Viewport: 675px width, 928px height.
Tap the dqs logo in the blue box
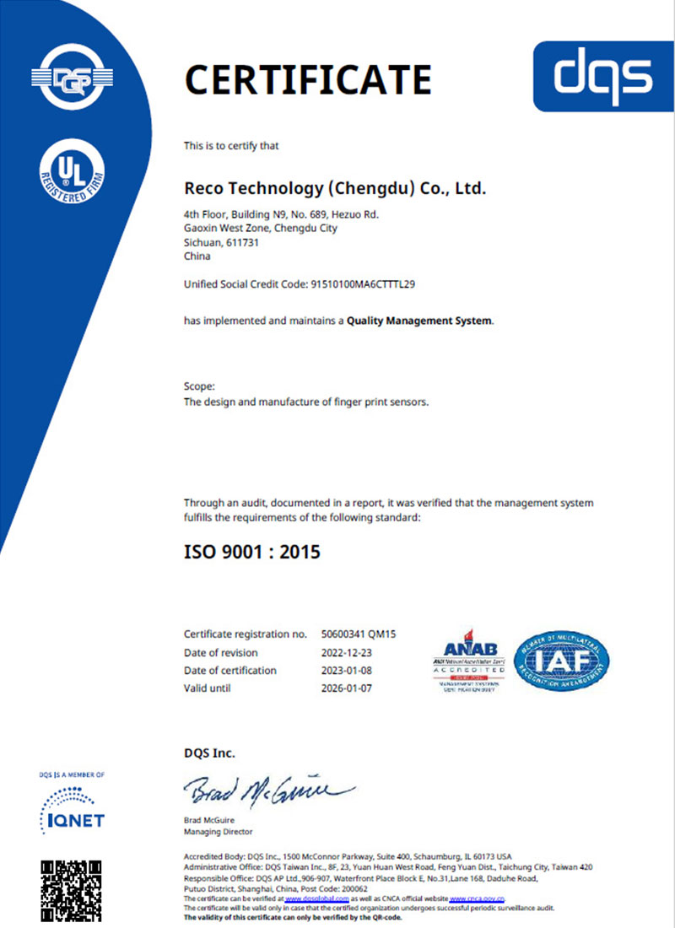point(603,76)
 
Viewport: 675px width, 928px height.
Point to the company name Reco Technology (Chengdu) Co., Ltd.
point(335,187)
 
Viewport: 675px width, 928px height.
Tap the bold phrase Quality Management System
point(419,321)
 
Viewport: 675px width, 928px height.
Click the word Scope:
point(199,386)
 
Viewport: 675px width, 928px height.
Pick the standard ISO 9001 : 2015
point(252,553)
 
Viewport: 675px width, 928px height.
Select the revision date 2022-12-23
point(347,652)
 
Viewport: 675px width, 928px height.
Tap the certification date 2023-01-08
point(347,670)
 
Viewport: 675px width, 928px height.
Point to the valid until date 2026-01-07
point(347,688)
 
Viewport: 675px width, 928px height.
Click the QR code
point(71,886)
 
